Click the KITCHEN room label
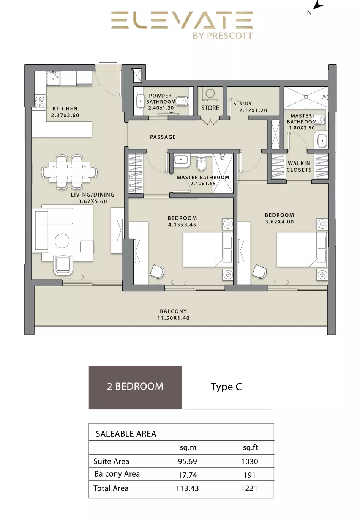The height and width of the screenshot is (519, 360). (x=65, y=109)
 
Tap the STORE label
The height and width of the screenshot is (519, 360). (x=210, y=108)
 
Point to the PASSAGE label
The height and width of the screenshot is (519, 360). (x=163, y=137)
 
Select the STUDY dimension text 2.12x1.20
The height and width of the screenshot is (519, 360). (x=253, y=110)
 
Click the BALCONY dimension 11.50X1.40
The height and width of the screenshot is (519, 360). (x=174, y=318)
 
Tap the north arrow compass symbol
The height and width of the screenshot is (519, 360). (x=318, y=5)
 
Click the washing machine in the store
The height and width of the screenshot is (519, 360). (x=210, y=94)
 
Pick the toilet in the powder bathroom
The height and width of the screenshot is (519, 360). (x=182, y=101)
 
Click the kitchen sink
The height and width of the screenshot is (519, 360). (x=53, y=78)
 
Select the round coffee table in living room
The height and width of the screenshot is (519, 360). (x=62, y=241)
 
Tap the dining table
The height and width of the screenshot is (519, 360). (x=69, y=172)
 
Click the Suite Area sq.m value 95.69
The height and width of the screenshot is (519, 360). (x=188, y=461)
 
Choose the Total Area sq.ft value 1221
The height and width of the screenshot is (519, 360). (x=249, y=488)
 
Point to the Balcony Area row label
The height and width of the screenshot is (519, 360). (x=117, y=474)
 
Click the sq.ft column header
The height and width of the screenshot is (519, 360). (x=251, y=447)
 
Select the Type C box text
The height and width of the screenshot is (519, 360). (x=226, y=387)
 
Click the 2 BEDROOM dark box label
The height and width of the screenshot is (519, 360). (x=135, y=387)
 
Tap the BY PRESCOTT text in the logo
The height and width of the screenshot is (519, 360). (x=223, y=36)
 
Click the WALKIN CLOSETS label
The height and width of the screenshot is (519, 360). (x=299, y=167)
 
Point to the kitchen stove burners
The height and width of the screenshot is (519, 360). (x=39, y=102)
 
